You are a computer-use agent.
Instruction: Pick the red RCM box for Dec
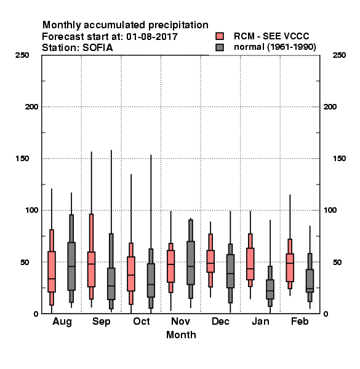click(210, 261)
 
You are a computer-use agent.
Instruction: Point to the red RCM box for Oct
click(131, 274)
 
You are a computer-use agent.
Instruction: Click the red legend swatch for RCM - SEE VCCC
click(220, 36)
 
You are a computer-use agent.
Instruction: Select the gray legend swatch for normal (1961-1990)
click(220, 47)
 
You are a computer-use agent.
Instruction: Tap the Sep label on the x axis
click(102, 322)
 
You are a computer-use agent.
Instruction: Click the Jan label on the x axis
click(260, 321)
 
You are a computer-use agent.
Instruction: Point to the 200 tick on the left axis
click(31, 107)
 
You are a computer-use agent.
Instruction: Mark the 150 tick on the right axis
click(339, 159)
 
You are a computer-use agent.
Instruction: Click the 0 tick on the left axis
click(36, 314)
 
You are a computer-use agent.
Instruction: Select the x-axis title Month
click(181, 335)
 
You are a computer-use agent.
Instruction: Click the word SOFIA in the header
click(98, 48)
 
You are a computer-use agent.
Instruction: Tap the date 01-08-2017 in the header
click(152, 37)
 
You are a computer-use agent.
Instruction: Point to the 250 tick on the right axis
click(339, 55)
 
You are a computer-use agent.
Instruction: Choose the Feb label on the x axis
click(300, 321)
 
